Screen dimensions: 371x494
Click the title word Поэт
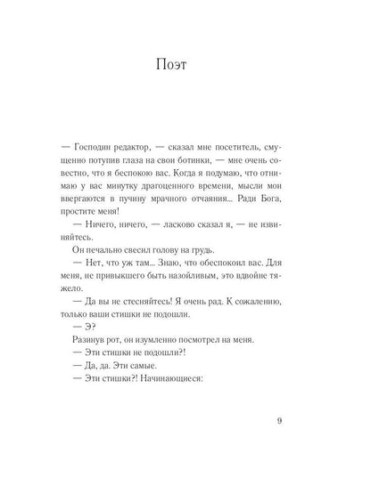click(x=185, y=65)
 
